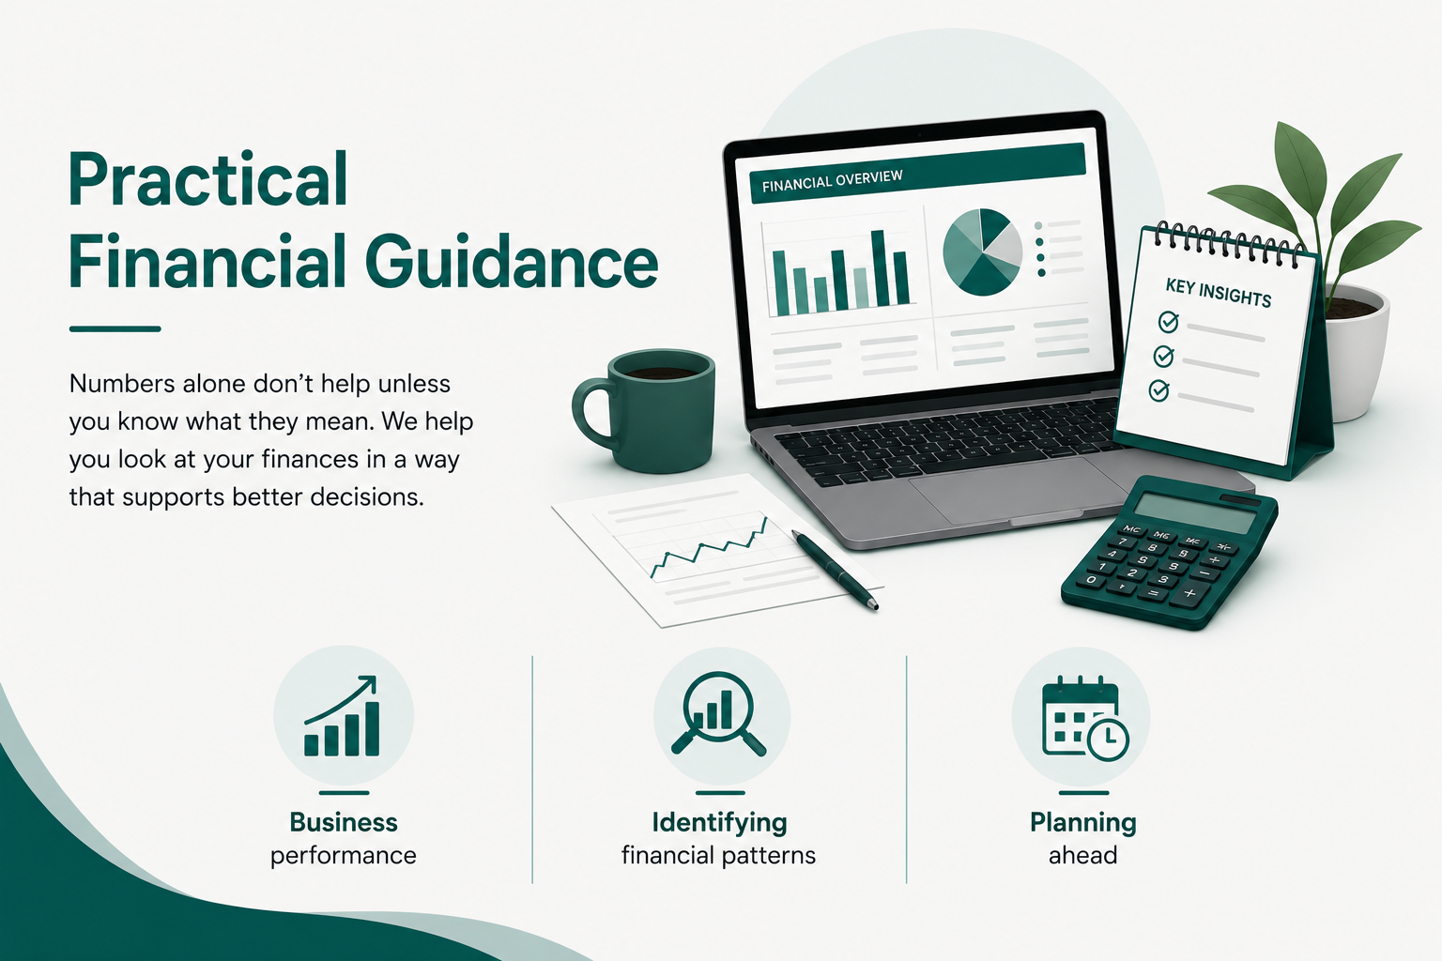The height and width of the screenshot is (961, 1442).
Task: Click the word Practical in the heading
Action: click(x=207, y=179)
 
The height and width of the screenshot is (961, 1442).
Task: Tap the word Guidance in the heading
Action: click(x=512, y=262)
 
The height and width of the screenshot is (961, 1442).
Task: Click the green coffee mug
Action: click(x=644, y=411)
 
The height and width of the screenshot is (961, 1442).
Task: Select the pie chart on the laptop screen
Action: click(x=982, y=252)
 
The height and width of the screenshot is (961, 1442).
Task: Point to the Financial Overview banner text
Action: click(x=833, y=181)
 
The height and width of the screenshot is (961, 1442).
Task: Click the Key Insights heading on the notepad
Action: click(x=1218, y=294)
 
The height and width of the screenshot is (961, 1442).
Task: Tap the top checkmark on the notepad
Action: click(x=1169, y=321)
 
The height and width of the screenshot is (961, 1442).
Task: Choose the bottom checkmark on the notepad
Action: click(x=1158, y=390)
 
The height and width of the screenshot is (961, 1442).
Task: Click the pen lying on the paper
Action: click(x=835, y=570)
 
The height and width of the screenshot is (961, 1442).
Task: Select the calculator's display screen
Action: click(x=1195, y=513)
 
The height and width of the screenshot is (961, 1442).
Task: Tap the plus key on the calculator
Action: click(x=1189, y=593)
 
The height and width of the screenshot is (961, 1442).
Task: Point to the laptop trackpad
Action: click(x=1005, y=489)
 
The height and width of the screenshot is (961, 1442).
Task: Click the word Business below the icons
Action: click(x=343, y=822)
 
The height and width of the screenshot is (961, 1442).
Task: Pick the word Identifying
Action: click(x=719, y=823)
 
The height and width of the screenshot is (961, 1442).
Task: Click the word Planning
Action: click(x=1082, y=823)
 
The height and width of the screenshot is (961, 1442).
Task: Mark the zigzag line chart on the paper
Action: click(x=709, y=548)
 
